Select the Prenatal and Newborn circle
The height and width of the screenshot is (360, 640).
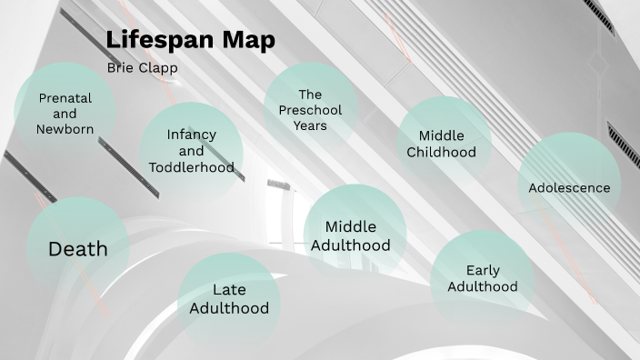pos(65,111)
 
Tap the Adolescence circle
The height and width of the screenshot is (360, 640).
pos(569,186)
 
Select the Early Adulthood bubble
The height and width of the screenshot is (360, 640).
pos(482,278)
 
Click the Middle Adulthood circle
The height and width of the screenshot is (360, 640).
pos(351,235)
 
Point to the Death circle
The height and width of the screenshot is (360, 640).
pos(78,248)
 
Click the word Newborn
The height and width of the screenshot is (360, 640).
pos(65,129)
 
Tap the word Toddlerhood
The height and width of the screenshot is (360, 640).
pos(192,167)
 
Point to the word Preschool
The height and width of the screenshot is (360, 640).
pos(310,110)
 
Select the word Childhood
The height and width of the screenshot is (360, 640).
pos(442,152)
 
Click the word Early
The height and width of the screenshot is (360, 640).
pos(483,270)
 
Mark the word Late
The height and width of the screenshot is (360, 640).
pos(229,290)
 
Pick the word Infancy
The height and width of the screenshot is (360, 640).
pos(192,135)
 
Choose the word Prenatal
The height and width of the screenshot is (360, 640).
pos(65,98)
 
